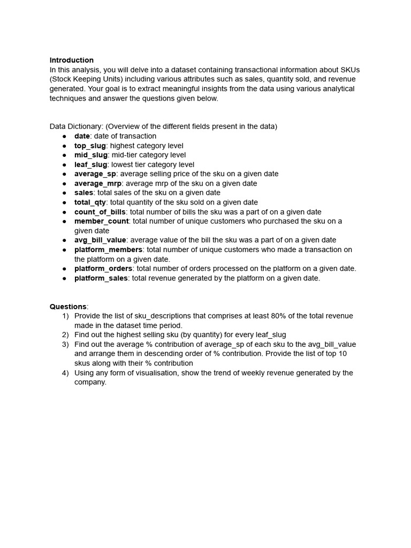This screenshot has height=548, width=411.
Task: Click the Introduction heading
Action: pos(72,60)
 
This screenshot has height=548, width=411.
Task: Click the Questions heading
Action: pos(68,307)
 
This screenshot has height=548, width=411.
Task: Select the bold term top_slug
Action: pos(90,146)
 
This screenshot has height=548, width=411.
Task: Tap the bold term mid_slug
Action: pos(91,155)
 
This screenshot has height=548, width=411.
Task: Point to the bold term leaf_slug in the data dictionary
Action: pos(91,165)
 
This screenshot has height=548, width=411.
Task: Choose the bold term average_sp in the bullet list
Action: pos(95,174)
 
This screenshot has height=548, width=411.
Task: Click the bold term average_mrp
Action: pos(98,184)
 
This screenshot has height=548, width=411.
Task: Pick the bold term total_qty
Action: pos(90,202)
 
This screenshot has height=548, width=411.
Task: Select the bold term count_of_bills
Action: pos(100,212)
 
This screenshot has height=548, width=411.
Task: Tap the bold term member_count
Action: pos(101,221)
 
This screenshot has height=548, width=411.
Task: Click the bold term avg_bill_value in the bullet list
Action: pos(100,240)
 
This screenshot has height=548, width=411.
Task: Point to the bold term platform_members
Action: pos(108,249)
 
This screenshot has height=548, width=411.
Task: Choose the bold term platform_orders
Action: pos(103,269)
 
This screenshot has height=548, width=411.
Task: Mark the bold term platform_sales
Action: pos(101,278)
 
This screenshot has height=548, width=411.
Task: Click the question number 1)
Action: pos(65,316)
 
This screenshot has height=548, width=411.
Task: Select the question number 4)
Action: pos(65,373)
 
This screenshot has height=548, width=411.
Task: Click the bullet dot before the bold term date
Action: pos(64,136)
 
